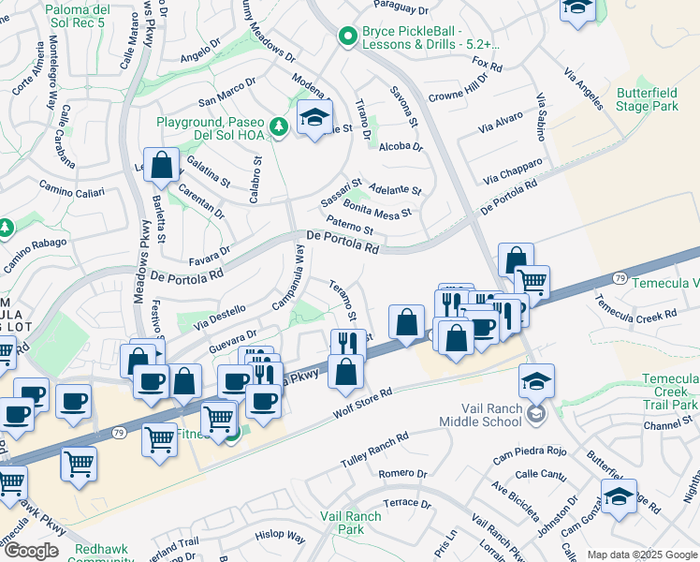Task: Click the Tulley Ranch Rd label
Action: pyautogui.click(x=375, y=448)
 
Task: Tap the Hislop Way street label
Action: pyautogui.click(x=283, y=538)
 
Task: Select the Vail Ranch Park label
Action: pyautogui.click(x=350, y=523)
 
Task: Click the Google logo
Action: pyautogui.click(x=30, y=551)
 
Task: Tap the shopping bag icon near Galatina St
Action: pyautogui.click(x=162, y=166)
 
